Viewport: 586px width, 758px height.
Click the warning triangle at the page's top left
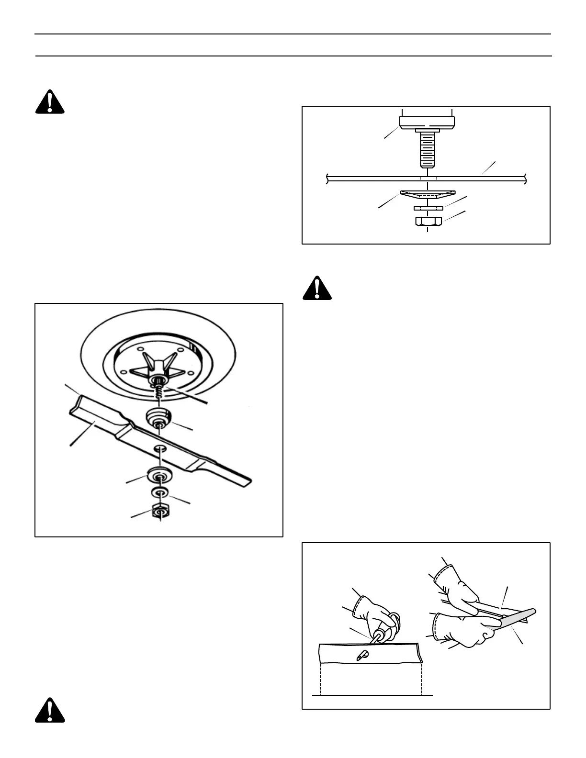point(49,102)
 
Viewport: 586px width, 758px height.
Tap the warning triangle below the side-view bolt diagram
point(317,289)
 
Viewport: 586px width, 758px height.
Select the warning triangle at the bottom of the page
point(49,710)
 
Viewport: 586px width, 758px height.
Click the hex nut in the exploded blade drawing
point(160,512)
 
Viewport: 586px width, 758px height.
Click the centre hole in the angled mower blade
point(160,448)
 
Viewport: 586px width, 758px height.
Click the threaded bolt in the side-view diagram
point(427,149)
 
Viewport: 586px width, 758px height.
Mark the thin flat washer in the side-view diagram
point(427,208)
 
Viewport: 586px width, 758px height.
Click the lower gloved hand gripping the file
point(460,629)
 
